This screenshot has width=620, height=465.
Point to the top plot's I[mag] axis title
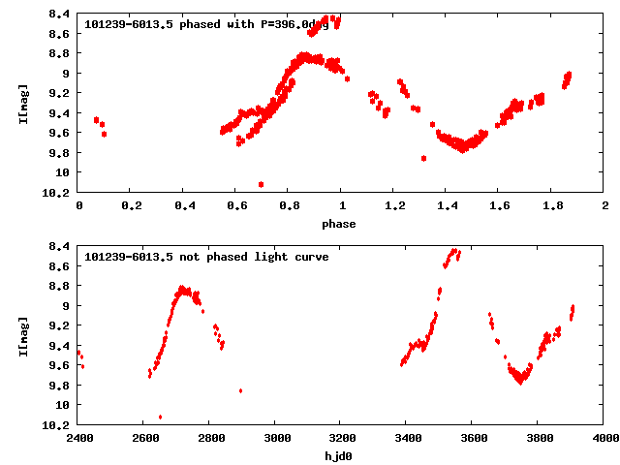(21, 103)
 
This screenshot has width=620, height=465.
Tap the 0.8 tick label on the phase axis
(289, 205)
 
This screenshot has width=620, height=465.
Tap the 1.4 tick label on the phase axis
(447, 205)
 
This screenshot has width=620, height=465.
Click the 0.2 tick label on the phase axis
(131, 205)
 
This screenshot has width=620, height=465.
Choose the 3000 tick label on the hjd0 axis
(276, 438)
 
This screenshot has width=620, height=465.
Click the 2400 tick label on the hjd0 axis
(79, 438)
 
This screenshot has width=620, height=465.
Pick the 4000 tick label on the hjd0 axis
(604, 438)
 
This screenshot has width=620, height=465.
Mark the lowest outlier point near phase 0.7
(261, 184)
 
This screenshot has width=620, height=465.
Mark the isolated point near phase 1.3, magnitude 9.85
(423, 158)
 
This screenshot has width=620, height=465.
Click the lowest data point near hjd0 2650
(160, 417)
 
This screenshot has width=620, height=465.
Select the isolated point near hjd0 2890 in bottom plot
(240, 390)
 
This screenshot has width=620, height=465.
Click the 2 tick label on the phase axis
(604, 205)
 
